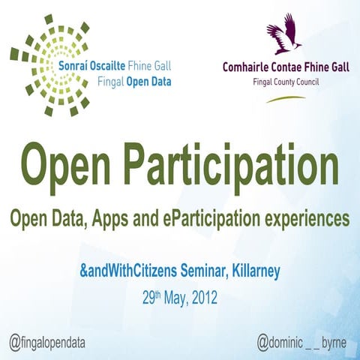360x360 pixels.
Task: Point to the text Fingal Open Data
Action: [x=115, y=79]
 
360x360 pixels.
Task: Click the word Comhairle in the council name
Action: [x=250, y=67]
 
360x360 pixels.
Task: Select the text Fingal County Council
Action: [x=286, y=80]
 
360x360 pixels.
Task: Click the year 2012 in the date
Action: [x=203, y=297]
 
